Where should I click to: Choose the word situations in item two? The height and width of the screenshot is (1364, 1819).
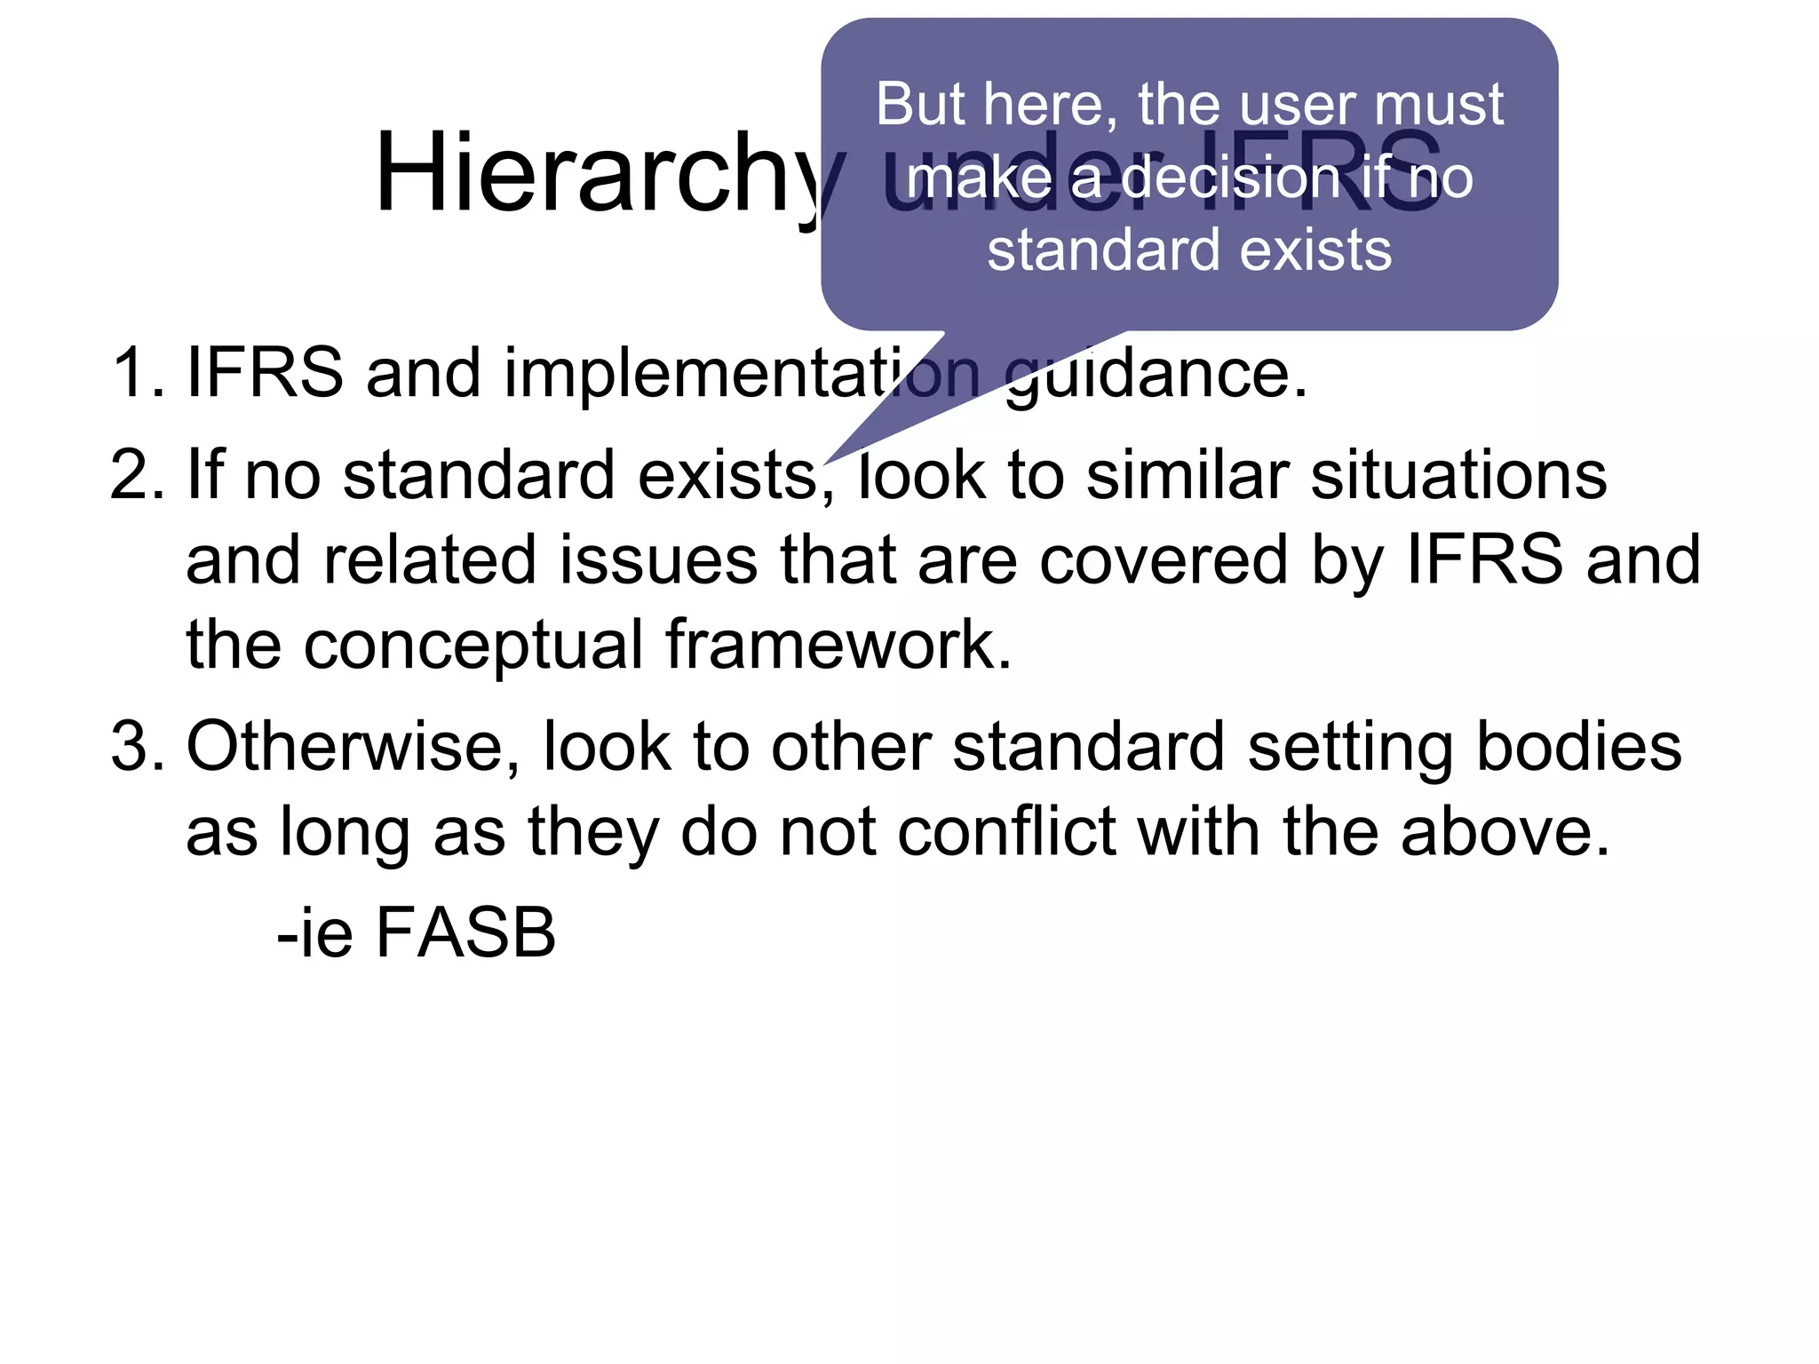(x=1458, y=475)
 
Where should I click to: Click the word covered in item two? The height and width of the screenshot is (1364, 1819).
(x=1163, y=561)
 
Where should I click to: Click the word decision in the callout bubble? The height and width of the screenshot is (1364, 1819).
(x=1230, y=178)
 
